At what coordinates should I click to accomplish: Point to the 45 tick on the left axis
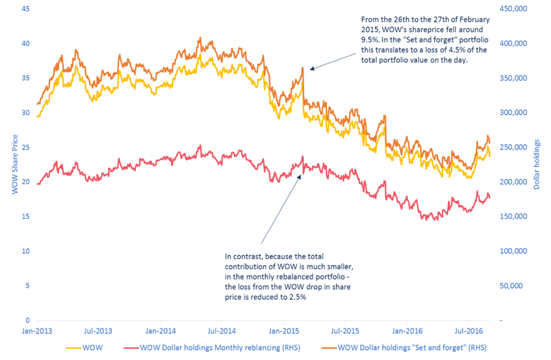click(x=25, y=9)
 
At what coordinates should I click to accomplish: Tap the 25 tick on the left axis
click(x=25, y=147)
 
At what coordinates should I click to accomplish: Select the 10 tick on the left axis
click(x=25, y=251)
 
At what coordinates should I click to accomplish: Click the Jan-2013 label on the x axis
click(x=37, y=330)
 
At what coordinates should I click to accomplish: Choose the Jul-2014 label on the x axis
click(x=221, y=330)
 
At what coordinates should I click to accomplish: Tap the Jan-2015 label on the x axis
click(x=284, y=330)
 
